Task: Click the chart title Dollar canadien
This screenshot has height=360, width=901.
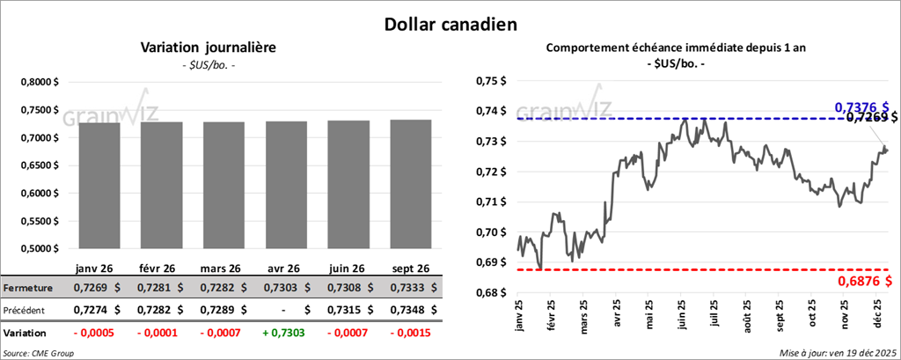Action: click(450, 24)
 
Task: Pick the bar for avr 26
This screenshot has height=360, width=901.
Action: click(286, 185)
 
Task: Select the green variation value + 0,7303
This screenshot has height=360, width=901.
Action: click(286, 334)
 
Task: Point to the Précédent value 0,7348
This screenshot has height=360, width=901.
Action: click(404, 311)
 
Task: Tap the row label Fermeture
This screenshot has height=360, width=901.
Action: click(29, 288)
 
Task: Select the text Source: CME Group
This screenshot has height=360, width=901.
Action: click(40, 352)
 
